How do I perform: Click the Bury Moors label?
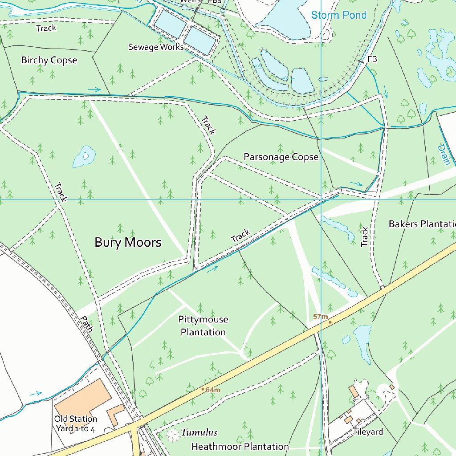point(128,243)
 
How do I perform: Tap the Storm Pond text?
point(338,15)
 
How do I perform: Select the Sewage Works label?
point(156,47)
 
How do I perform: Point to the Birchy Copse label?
point(49,60)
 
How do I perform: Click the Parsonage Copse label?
point(281,157)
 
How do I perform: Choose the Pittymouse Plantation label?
point(203,326)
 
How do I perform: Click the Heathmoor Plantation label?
point(240,446)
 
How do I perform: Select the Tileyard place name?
point(368,432)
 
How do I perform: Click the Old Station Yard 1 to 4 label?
point(76,423)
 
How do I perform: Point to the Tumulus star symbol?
point(172,436)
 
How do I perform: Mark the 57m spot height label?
point(320,317)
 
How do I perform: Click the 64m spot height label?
point(213,390)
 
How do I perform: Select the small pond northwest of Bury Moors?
point(84,156)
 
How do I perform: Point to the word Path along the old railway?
point(88,324)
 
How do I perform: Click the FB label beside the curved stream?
point(372,59)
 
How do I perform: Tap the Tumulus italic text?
point(199,432)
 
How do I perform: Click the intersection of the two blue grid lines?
point(321,199)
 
